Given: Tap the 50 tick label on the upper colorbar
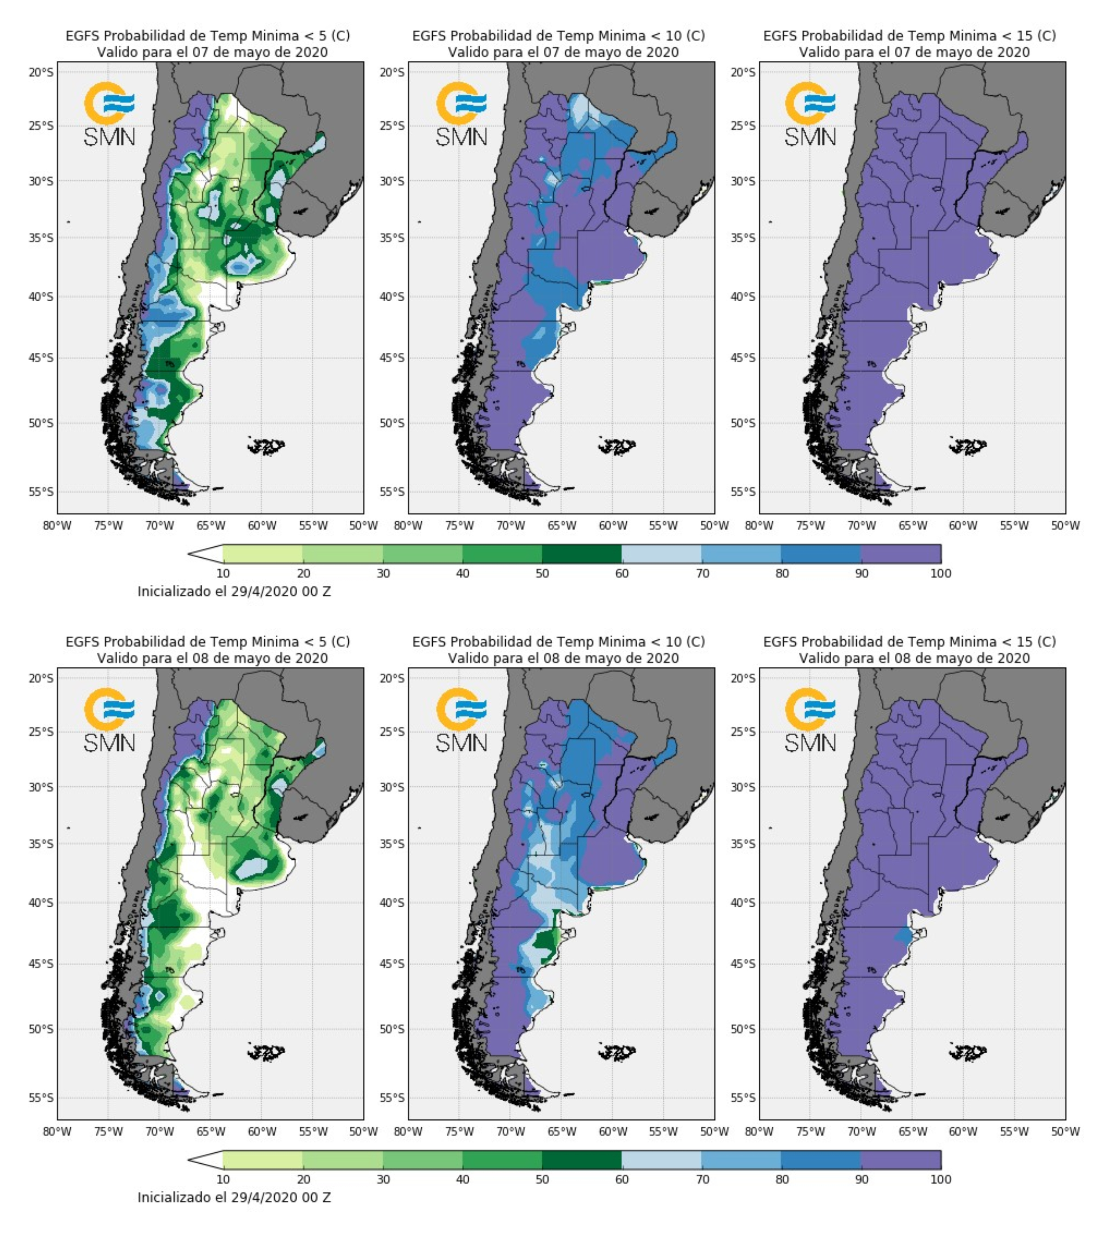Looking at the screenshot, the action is (x=542, y=573).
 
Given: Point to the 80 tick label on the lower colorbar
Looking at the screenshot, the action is (x=782, y=1179).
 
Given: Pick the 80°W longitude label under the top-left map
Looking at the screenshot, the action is (x=57, y=525).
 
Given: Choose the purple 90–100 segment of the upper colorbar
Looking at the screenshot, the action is (x=901, y=554).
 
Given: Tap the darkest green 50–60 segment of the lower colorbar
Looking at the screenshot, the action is (x=581, y=1160).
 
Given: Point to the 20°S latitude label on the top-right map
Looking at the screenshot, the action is (x=743, y=72).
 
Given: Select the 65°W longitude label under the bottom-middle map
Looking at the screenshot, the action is (x=561, y=1131).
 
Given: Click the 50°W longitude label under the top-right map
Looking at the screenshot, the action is (x=1065, y=525).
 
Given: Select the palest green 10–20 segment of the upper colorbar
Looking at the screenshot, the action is (x=263, y=554).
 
